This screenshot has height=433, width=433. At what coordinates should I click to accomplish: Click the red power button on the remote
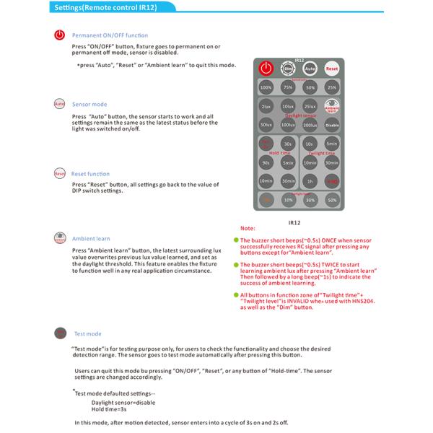(266, 69)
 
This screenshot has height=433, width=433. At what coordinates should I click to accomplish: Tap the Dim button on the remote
(288, 69)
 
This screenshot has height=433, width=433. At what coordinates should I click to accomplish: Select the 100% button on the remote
(266, 87)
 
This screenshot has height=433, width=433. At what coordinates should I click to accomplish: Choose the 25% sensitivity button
(332, 87)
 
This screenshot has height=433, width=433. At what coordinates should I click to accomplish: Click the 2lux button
(266, 107)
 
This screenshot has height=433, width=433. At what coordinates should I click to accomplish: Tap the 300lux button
(310, 125)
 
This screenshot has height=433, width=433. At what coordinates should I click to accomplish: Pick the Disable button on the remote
(332, 125)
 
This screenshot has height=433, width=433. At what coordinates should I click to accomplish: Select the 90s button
(266, 162)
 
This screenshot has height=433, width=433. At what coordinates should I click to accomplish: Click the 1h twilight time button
(310, 181)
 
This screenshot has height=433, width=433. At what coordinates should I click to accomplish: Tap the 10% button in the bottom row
(288, 200)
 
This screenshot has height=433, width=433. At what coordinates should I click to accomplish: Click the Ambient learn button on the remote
(332, 107)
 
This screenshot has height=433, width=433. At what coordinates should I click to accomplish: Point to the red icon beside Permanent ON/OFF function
(59, 35)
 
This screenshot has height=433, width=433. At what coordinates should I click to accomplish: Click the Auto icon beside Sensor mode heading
(59, 105)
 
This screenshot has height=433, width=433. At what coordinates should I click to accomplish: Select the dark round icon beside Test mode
(59, 333)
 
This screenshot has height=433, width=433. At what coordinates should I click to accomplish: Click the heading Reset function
(90, 174)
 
